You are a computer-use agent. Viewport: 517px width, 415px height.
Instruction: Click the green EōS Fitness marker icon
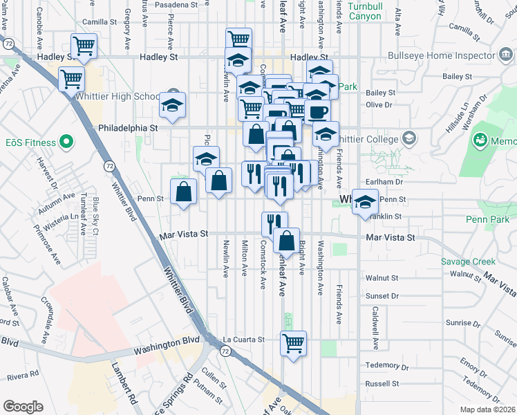point(66,143)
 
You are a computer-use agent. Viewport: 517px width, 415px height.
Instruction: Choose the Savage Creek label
point(469,261)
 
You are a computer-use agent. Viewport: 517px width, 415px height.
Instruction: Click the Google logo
point(23,406)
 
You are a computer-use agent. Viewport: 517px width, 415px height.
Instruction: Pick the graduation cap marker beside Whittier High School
point(172,104)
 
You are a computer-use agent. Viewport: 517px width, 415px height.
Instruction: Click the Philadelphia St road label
point(129,128)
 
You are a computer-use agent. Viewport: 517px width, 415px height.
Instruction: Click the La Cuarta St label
point(244,340)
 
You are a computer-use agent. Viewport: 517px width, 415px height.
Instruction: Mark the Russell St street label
point(383,382)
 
